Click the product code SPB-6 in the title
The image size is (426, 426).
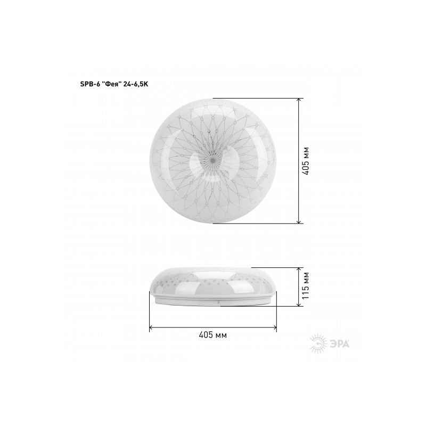click(89, 84)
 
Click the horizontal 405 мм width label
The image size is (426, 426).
click(212, 335)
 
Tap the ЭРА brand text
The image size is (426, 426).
click(340, 344)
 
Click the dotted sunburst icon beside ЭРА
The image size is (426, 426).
click(318, 343)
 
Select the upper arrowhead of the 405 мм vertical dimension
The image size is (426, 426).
click(299, 100)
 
